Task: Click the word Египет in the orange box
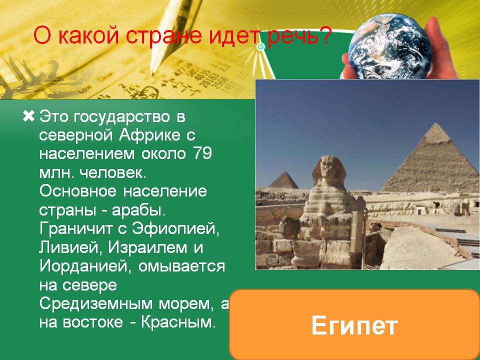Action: point(354,325)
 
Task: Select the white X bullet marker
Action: point(29,116)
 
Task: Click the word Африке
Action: point(149,135)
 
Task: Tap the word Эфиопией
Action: point(175,228)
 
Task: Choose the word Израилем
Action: point(147,248)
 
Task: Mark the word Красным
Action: point(178,322)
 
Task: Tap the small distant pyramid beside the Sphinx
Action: point(284,180)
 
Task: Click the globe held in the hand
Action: point(390,46)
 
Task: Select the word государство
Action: point(121,117)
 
